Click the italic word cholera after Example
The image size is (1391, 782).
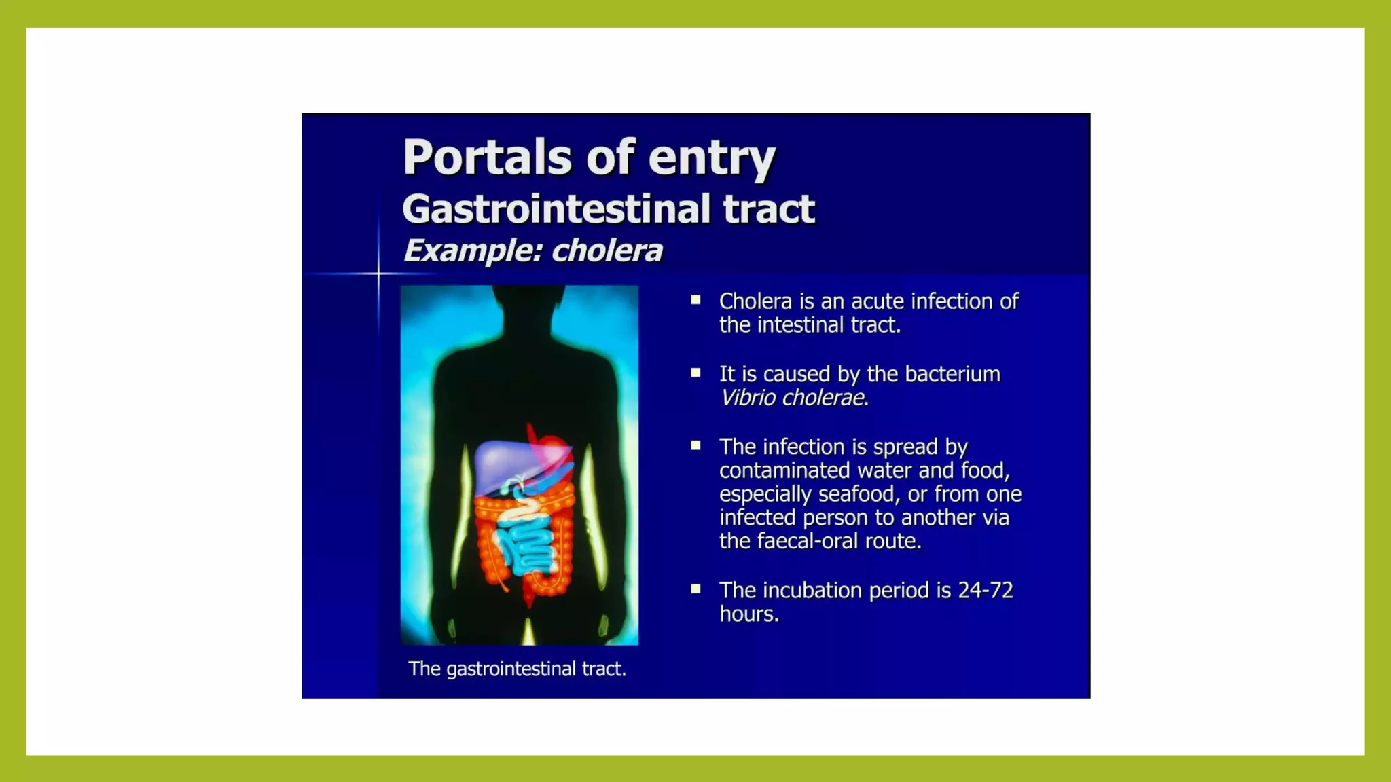[607, 250]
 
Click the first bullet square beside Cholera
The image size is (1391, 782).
[695, 299]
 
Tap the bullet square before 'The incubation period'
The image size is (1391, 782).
[695, 589]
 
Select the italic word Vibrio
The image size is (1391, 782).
[748, 398]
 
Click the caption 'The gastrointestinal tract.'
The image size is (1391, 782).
[517, 669]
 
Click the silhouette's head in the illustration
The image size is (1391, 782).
[528, 305]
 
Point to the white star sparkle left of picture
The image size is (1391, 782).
[378, 274]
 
